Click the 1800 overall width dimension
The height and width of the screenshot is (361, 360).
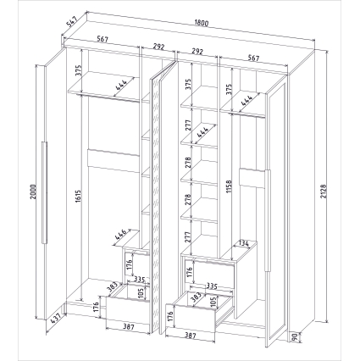pos(202,23)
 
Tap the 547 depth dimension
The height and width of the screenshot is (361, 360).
pos(71,22)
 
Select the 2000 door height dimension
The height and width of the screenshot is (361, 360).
pos(33,192)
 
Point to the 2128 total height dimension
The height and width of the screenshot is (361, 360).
pos(324,192)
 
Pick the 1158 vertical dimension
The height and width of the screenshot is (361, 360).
pos(229,186)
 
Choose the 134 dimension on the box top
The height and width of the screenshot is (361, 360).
pos(243,242)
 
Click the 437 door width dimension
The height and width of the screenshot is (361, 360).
pos(57,319)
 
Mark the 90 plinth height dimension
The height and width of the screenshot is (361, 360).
pos(294,337)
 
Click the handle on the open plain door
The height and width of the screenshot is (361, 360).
pos(44,192)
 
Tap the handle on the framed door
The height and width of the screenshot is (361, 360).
pos(268,221)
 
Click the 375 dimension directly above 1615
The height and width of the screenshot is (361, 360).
pos(79,71)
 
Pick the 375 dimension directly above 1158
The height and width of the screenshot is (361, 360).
pos(229,89)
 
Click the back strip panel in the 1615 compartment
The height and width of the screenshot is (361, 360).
pos(114,160)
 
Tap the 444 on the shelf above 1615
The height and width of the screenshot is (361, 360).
pos(121,84)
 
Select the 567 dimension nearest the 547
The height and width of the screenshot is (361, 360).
pos(102,39)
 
